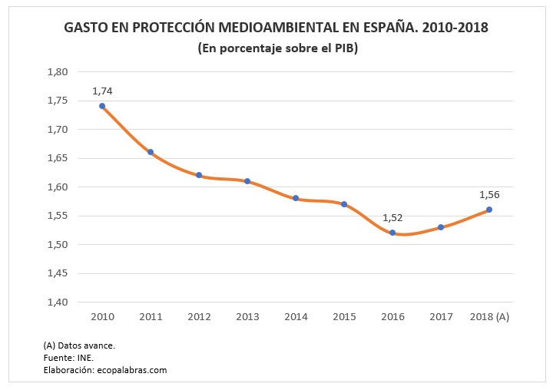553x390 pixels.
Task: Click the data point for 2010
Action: click(x=102, y=106)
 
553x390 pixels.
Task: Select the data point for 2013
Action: click(x=247, y=181)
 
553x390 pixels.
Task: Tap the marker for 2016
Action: click(x=392, y=233)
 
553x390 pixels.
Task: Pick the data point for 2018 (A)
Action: click(x=488, y=210)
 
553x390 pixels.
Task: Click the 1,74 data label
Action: click(x=102, y=91)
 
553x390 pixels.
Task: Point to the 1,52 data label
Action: click(x=392, y=218)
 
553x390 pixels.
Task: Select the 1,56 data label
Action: click(x=489, y=194)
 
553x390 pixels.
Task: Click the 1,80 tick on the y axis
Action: click(x=58, y=72)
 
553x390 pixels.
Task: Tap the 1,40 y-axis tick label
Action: click(x=58, y=302)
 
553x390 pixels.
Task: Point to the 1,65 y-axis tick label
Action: click(x=58, y=158)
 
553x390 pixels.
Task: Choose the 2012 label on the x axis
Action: click(x=199, y=316)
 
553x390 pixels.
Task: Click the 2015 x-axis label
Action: click(x=344, y=316)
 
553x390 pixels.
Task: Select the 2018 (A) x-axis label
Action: click(x=489, y=316)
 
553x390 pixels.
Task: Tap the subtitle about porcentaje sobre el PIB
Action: click(x=277, y=48)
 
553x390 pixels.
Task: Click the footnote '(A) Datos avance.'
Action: click(x=79, y=345)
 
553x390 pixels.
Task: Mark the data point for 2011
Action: click(x=151, y=152)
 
